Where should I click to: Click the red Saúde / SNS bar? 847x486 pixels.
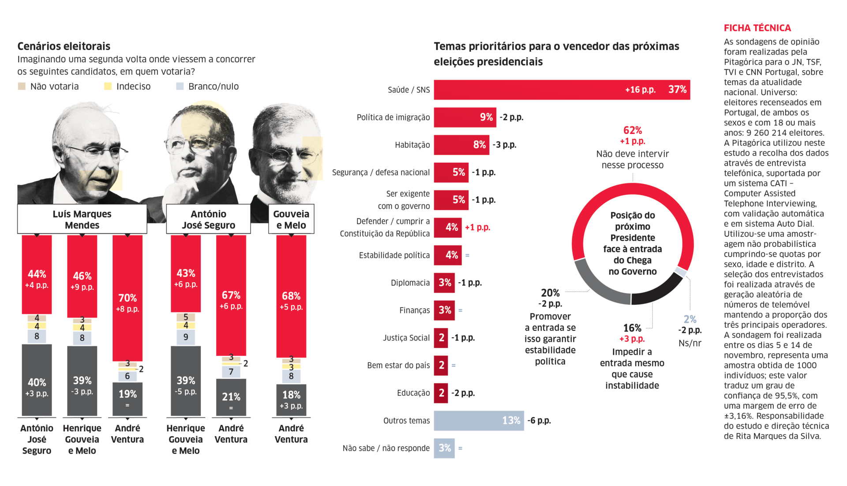pos(529,90)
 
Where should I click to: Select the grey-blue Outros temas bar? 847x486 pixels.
pos(479,421)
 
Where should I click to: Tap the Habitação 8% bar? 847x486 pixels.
pos(461,145)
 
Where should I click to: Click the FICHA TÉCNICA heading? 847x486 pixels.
pos(757,28)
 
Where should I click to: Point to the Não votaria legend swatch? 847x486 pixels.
pos(22,86)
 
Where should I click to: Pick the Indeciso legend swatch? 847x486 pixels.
pos(108,86)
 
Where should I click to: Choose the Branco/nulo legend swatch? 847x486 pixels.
pos(180,86)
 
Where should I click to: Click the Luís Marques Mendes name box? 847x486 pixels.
pos(82,219)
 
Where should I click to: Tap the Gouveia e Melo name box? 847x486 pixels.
pos(291,219)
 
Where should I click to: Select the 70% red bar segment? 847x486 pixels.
pos(127,298)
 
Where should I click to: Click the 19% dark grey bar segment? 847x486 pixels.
pos(127,399)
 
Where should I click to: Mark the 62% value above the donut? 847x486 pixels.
pos(633,131)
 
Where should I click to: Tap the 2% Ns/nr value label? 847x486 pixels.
pos(690,319)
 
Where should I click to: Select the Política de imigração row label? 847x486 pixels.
pos(393,117)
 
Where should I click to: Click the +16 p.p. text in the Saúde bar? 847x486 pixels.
pos(640,90)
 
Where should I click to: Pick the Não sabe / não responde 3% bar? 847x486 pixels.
pos(444,448)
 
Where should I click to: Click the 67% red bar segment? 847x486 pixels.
pos(231,295)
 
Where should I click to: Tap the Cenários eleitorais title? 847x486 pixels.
pos(64,46)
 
